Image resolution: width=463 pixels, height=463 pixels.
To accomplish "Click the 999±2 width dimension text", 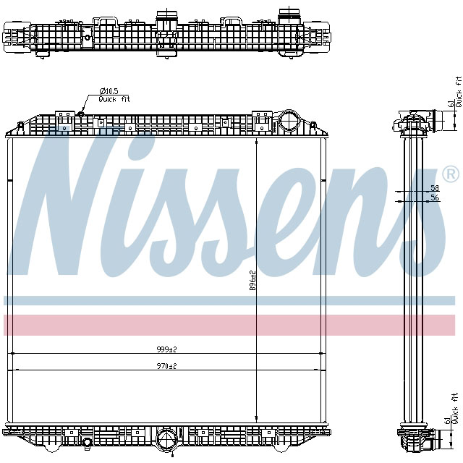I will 167,349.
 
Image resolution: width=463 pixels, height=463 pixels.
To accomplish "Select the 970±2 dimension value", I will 167,366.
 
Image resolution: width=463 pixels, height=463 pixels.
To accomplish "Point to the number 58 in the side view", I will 434,187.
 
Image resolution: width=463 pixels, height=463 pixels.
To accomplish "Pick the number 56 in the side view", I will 434,197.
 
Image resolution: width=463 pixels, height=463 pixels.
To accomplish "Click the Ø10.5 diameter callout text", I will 109,91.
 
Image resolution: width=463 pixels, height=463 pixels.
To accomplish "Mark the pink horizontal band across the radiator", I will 231,325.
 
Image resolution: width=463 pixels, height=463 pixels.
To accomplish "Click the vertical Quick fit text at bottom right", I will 456,407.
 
